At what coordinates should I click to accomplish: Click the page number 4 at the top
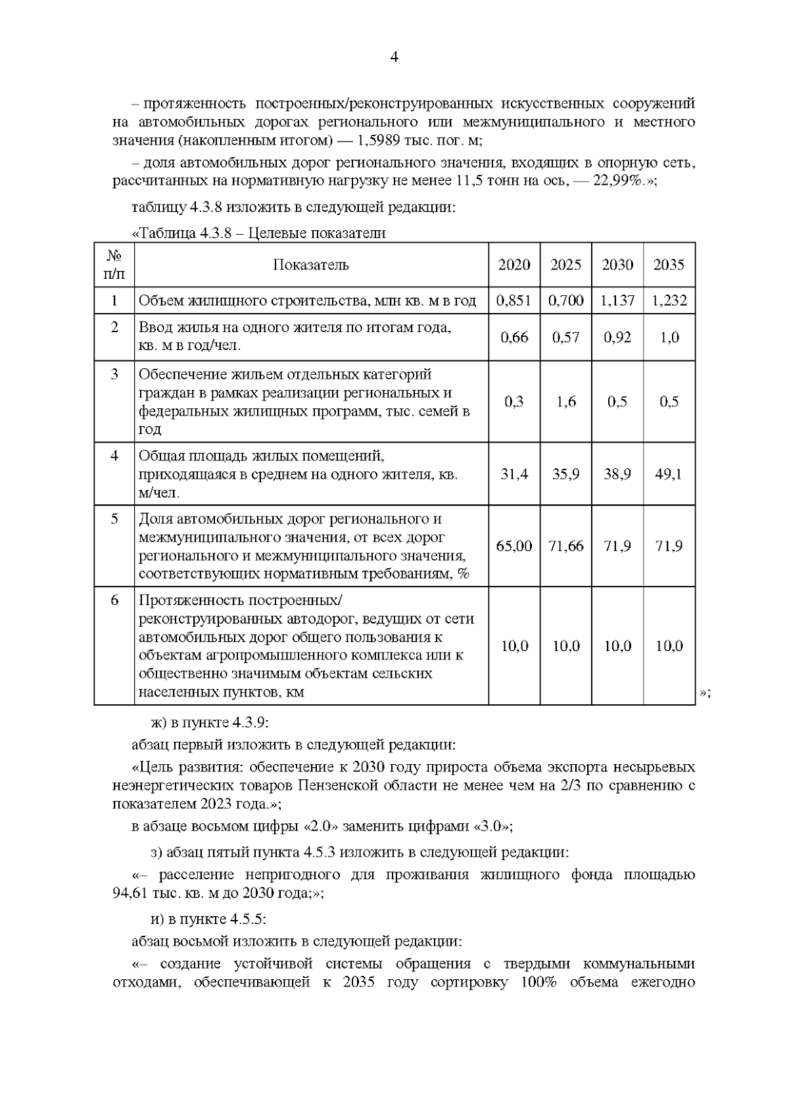(394, 57)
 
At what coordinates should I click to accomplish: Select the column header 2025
(565, 265)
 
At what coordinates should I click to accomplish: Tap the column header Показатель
(311, 265)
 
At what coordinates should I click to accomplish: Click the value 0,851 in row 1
(514, 301)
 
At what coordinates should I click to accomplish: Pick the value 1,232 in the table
(669, 301)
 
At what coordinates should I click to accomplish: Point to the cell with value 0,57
(565, 337)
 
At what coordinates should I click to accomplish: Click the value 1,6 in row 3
(565, 402)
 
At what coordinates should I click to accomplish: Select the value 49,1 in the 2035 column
(669, 474)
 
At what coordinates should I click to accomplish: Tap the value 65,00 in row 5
(514, 546)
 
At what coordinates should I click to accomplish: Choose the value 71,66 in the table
(565, 546)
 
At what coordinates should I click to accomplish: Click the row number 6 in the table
(114, 600)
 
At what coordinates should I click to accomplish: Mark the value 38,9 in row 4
(617, 474)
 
